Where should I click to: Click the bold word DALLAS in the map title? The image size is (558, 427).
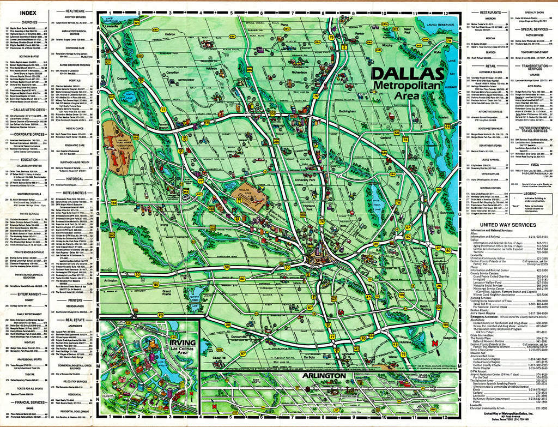click(407, 74)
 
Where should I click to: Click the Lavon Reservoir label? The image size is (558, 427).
click(440, 25)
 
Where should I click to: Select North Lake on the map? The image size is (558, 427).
click(129, 97)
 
